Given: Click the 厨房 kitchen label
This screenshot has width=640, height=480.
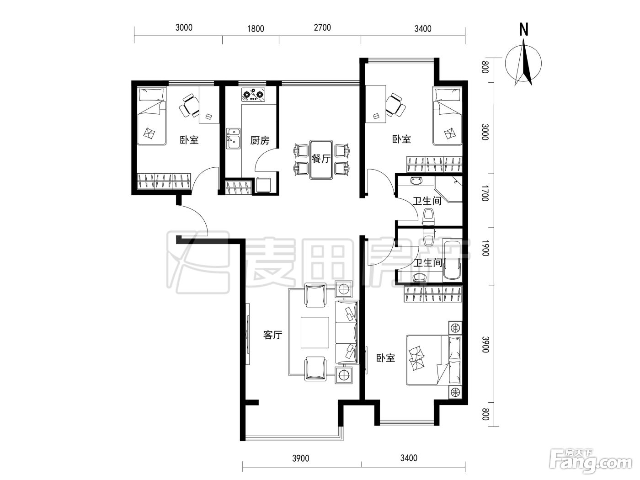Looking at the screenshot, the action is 260,140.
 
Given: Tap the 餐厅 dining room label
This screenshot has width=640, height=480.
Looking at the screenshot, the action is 321,159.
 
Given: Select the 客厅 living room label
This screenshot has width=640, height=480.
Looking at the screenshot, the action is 272,335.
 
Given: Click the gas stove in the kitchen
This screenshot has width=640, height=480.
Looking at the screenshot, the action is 254,95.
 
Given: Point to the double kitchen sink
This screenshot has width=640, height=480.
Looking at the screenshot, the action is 233,139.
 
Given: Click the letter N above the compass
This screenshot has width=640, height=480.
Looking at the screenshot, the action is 524,30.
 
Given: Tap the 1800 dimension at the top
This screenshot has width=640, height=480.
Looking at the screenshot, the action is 256,28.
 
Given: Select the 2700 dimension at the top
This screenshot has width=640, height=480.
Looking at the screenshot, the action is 322,28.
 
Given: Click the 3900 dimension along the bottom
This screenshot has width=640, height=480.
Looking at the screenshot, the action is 301,459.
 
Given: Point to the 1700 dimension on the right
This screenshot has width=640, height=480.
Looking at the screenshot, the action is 485,193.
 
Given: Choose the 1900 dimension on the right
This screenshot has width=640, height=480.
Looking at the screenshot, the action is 485,248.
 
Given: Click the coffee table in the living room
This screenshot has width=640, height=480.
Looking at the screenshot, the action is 315,332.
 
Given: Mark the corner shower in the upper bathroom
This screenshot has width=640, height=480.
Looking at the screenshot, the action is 448,189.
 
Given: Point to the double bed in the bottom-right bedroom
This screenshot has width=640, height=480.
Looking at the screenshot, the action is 434,361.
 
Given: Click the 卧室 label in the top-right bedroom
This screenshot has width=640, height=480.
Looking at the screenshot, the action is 401,139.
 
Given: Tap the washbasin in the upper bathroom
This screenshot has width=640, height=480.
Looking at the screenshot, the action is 416,181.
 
